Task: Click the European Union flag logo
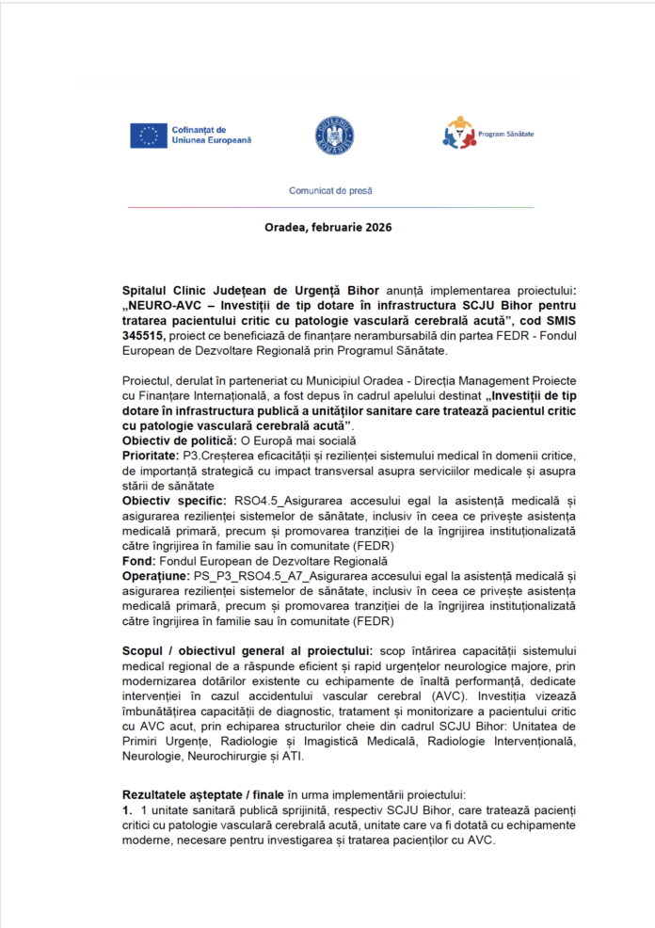tap(149, 136)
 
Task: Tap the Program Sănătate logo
tap(459, 134)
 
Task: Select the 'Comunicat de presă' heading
tap(329, 190)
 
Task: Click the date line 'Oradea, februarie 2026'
tap(328, 227)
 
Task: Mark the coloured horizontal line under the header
tap(328, 206)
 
